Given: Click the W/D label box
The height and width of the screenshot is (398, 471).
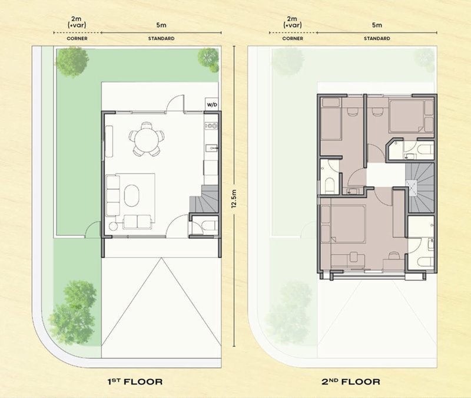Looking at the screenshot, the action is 212,104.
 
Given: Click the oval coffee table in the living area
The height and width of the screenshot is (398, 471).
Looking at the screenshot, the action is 131,196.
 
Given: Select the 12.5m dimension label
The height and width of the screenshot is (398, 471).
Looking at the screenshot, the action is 234,198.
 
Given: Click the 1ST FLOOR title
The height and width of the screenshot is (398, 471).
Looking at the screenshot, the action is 135,381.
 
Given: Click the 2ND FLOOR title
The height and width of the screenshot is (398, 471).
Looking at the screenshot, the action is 351,381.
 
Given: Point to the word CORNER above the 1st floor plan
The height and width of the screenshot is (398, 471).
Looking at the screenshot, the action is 77,38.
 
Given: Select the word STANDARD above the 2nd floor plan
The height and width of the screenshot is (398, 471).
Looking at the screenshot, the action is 377,38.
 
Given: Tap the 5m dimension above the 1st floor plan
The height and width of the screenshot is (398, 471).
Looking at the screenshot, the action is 161,25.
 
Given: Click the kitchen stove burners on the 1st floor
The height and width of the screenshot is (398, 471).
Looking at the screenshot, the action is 211,126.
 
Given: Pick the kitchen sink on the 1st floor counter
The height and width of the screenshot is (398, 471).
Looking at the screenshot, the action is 211,148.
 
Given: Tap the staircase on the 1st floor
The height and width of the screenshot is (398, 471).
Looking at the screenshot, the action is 204,199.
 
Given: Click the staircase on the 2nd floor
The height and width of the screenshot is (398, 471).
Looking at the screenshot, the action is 420,188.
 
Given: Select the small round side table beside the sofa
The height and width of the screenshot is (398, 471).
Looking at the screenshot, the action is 113,226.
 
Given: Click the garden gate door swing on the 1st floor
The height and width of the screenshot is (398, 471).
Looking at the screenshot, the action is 93,229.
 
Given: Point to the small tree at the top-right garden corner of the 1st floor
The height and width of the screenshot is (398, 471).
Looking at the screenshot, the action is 208,60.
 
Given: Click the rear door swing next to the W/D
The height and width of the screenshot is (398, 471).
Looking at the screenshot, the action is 175,103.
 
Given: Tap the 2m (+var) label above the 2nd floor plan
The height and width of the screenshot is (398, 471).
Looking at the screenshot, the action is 292,22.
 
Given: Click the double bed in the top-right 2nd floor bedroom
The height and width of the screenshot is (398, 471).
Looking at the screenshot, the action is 406,117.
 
